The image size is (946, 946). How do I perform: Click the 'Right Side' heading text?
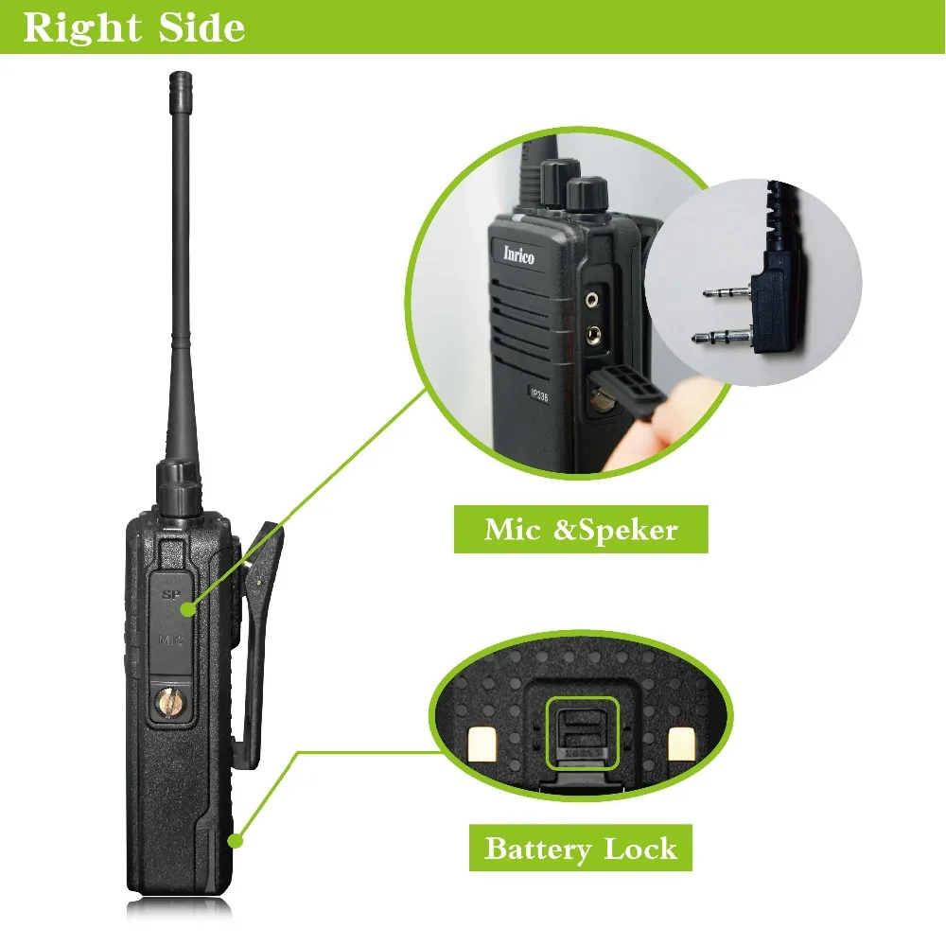pos(133,27)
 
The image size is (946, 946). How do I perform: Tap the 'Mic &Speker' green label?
pos(581,529)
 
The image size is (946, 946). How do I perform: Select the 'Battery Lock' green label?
pos(581,848)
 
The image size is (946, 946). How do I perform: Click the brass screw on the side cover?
pos(170,702)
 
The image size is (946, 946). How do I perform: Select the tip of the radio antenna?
pos(177,77)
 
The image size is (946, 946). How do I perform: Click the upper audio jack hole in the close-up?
pos(592,299)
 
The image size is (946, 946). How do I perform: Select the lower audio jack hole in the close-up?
pos(594,333)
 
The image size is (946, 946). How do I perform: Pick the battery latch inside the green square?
pos(581,734)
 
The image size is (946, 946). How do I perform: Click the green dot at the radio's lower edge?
pos(236,838)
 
